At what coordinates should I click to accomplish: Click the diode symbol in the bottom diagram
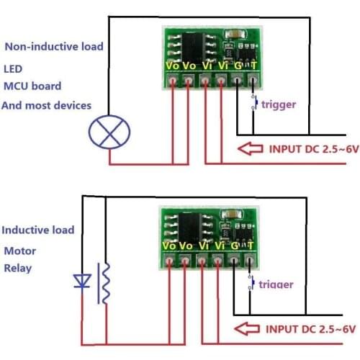tap(83, 282)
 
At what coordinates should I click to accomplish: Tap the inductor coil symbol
tap(105, 282)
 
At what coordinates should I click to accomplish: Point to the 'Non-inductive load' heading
tap(54, 47)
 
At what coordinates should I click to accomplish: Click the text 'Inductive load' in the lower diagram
tap(37, 230)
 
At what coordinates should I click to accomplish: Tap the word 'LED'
tap(13, 71)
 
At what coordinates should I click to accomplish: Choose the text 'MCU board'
tap(32, 86)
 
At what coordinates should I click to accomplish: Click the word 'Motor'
tap(19, 251)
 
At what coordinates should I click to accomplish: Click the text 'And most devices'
tap(47, 105)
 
